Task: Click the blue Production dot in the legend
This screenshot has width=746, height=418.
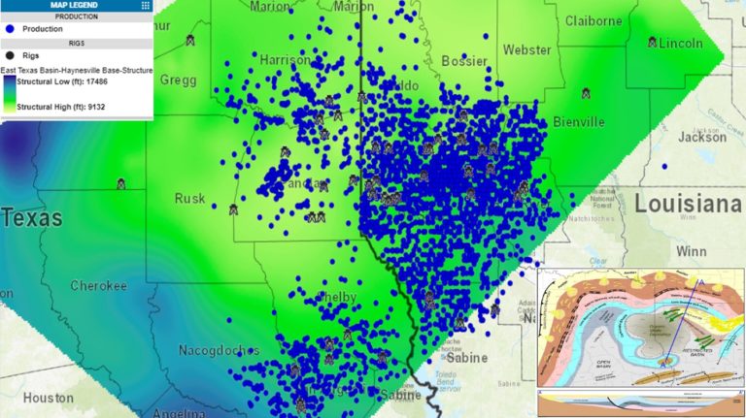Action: (x=9, y=29)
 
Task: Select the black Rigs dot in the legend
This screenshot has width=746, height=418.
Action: (x=9, y=57)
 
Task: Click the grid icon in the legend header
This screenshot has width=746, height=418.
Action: (x=145, y=5)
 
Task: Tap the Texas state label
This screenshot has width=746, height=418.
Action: (x=29, y=218)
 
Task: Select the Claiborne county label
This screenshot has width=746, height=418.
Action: (x=593, y=20)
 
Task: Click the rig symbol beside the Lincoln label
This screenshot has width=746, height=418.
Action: (x=653, y=43)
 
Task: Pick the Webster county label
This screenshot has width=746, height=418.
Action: (x=526, y=49)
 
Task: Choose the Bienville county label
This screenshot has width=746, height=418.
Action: (x=578, y=122)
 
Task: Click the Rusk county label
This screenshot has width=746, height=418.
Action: (x=189, y=199)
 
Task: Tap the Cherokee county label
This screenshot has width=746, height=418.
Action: (x=98, y=285)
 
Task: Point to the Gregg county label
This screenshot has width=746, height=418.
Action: (x=178, y=80)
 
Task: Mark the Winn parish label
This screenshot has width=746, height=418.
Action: (x=693, y=252)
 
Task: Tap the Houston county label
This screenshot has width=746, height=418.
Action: (x=49, y=398)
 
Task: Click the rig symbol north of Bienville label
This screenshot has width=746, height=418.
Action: (x=587, y=94)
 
